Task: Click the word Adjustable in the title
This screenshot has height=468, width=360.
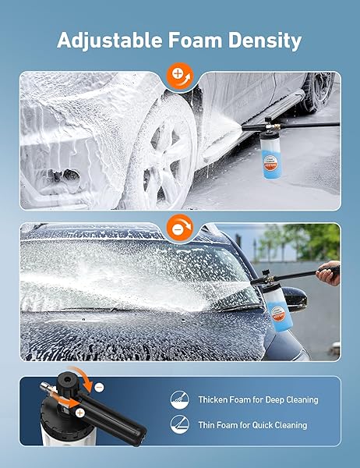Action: click(x=111, y=41)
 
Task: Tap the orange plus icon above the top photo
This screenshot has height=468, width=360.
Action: click(x=180, y=76)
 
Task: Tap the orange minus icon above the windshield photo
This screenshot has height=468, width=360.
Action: click(x=180, y=228)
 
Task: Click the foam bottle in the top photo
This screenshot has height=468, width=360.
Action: click(x=270, y=155)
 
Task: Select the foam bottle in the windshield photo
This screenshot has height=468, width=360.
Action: click(x=279, y=308)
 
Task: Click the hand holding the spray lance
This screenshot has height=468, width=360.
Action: click(x=328, y=273)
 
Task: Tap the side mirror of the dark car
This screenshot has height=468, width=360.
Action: click(x=295, y=299)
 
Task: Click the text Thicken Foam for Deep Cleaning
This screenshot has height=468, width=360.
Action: click(x=258, y=399)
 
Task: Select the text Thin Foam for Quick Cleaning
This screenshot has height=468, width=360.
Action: click(x=253, y=425)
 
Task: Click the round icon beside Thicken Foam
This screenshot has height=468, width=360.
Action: click(x=179, y=399)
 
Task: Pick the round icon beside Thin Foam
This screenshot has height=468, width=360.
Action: click(x=179, y=424)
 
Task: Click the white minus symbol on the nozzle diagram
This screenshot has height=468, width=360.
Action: click(x=99, y=388)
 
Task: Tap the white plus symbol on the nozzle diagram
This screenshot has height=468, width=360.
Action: click(x=79, y=413)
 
